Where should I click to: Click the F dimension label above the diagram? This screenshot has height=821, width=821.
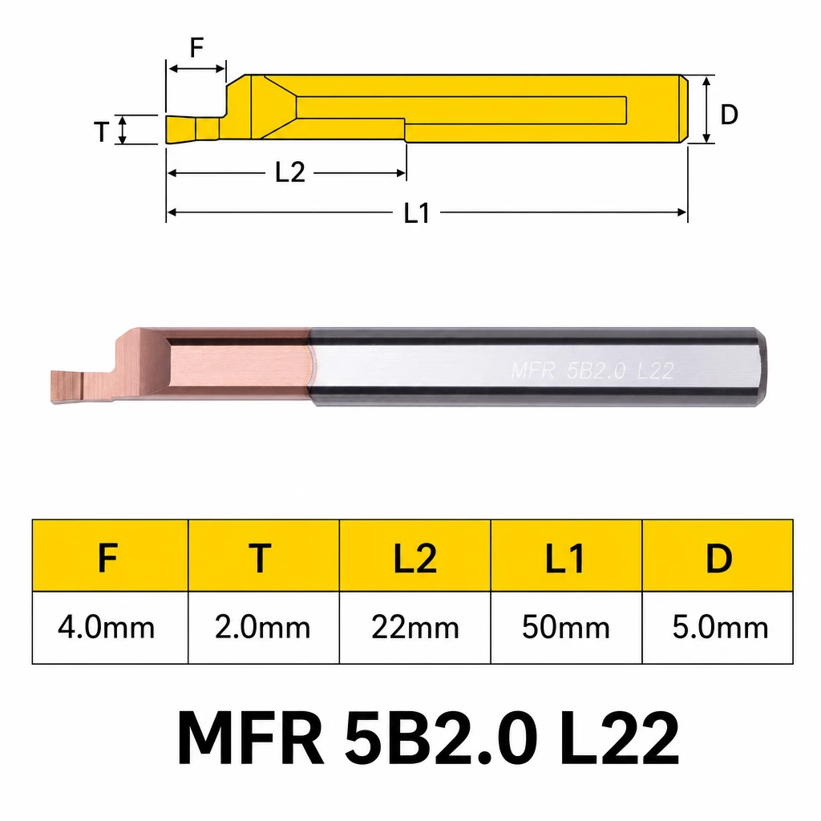(x=196, y=48)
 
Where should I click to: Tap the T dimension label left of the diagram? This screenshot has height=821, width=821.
(x=102, y=132)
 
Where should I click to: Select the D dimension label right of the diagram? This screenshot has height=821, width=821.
(x=729, y=114)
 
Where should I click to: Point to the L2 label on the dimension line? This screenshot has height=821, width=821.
(x=290, y=172)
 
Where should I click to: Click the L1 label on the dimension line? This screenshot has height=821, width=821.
(x=417, y=213)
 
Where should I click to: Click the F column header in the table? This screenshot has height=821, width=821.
(x=108, y=558)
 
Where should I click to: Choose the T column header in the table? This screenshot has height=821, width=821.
(x=260, y=558)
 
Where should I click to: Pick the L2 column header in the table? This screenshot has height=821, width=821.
(x=415, y=558)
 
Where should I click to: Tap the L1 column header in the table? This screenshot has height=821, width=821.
(x=565, y=558)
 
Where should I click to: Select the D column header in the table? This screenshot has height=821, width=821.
(x=719, y=558)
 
